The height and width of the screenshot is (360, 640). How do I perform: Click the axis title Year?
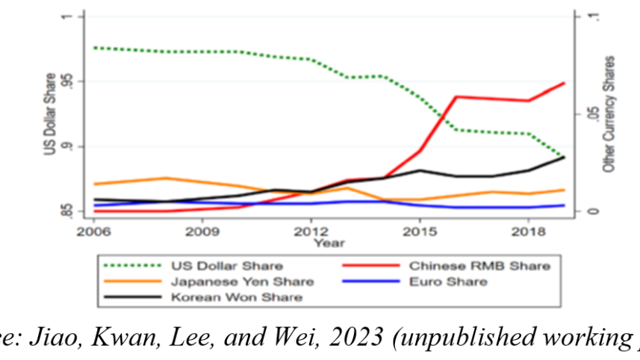click(324, 242)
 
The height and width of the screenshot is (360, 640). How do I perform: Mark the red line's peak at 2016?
click(456, 96)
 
